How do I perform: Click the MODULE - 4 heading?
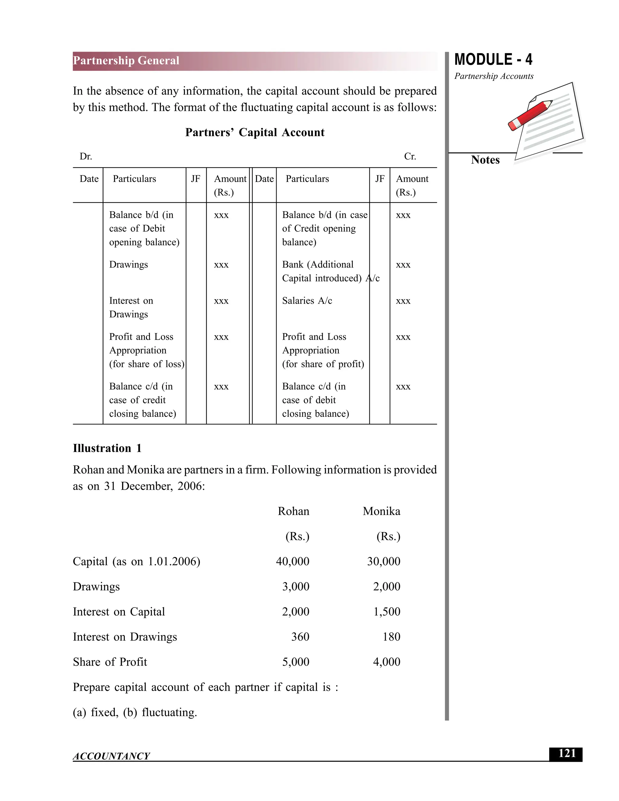coord(493,60)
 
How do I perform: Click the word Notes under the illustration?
coord(485,160)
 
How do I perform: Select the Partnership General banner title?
coord(126,60)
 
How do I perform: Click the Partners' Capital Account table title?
coord(254,132)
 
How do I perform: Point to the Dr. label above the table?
coord(86,157)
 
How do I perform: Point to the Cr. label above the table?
coord(410,157)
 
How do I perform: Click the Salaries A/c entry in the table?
coord(307,301)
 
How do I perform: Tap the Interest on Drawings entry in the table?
coord(131,307)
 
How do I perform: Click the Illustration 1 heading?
coord(107,448)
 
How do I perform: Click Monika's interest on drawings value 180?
coord(391,637)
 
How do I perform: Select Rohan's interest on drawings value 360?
coord(300,637)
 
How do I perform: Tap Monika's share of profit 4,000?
coord(387,662)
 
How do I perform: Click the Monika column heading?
coord(381,511)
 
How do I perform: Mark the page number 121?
coord(567,754)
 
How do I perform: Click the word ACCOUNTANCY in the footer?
coord(112,756)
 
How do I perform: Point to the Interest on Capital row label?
coord(119,612)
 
